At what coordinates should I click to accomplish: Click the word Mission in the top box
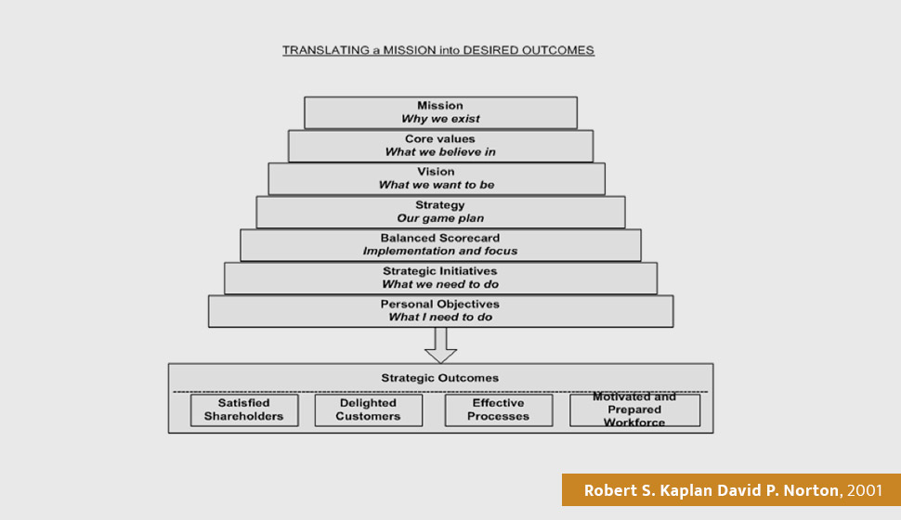(440, 106)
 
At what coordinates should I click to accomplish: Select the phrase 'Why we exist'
(440, 119)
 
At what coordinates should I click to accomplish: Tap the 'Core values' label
(440, 139)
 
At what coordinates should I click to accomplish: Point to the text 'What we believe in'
(440, 152)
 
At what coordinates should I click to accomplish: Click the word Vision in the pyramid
(437, 172)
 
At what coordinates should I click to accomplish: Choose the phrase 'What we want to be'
(437, 185)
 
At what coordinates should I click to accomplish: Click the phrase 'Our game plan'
(440, 218)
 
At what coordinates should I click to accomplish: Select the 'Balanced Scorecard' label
(440, 238)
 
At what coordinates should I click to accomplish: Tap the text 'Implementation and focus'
(440, 251)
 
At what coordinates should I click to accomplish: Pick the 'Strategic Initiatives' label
(440, 271)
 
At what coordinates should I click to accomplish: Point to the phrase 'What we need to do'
(440, 284)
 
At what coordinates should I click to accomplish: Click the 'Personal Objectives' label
(440, 304)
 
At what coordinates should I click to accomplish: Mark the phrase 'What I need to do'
(440, 318)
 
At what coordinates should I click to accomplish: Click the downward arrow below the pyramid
(440, 345)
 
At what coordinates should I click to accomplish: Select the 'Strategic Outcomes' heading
(440, 378)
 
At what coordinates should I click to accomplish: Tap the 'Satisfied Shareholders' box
(244, 410)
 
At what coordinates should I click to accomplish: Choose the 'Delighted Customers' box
(369, 410)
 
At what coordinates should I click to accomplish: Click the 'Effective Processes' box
(499, 410)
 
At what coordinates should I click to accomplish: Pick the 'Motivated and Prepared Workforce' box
(635, 410)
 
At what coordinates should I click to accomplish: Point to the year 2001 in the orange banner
(864, 490)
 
